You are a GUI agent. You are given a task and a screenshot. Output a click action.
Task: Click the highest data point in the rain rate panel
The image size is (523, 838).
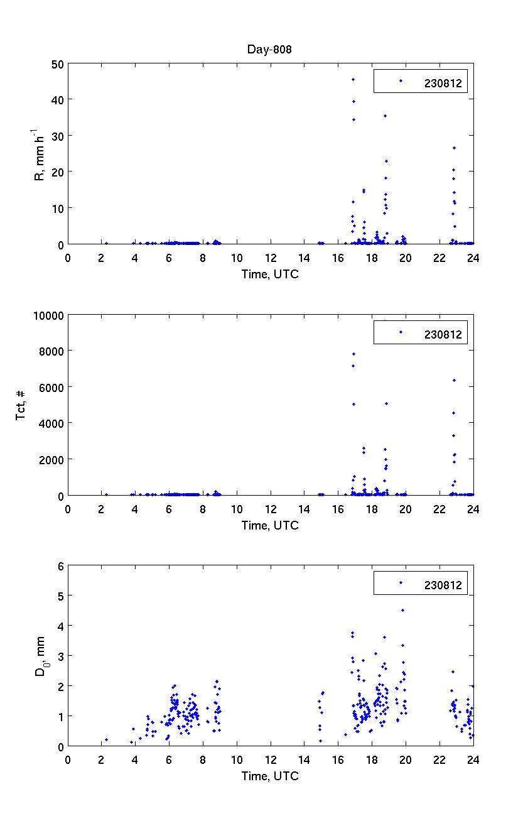click(353, 79)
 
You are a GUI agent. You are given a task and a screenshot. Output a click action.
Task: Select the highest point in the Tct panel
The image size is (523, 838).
click(353, 354)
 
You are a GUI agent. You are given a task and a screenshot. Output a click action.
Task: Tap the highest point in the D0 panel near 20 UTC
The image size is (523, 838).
click(402, 610)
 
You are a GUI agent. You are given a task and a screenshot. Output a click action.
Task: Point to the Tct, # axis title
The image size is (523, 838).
click(21, 406)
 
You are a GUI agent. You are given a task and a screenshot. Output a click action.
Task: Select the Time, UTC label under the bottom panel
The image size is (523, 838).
click(270, 776)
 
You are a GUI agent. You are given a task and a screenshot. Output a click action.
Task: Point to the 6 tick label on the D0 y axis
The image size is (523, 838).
click(61, 566)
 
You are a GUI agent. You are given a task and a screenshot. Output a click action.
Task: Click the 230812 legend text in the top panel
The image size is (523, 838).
click(443, 82)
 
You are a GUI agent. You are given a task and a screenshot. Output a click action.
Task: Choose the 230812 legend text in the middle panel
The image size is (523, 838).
click(443, 334)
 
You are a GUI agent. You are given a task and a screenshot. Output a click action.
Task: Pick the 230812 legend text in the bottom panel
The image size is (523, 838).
click(443, 585)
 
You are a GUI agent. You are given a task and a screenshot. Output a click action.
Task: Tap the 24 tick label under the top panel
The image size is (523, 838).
click(473, 258)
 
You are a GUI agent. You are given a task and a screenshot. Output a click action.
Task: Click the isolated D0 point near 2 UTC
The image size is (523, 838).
click(106, 739)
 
